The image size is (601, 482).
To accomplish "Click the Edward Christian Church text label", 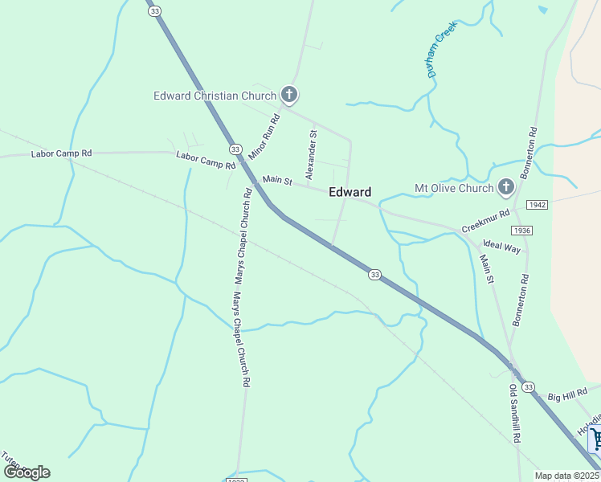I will click(x=215, y=96).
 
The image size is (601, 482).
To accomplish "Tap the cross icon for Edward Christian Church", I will click(x=290, y=96).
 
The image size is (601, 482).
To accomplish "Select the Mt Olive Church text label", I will click(x=454, y=189).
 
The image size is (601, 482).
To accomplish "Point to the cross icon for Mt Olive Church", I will click(x=506, y=188).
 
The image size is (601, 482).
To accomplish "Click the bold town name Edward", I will click(x=350, y=192).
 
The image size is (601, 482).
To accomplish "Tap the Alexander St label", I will click(x=312, y=154).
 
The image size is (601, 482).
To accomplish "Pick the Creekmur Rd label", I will click(x=486, y=222).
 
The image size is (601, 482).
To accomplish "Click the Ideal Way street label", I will click(x=502, y=246).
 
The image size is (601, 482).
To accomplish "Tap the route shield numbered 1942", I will click(x=538, y=206).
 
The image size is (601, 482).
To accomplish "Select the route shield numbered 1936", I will click(x=521, y=230).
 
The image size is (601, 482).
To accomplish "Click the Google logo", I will click(x=26, y=472).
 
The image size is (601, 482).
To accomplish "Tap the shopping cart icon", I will click(x=595, y=439).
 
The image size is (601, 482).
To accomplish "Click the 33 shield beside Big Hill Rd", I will click(x=527, y=387).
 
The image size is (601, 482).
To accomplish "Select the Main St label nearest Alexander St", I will click(x=277, y=181).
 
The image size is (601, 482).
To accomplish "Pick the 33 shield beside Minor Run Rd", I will click(x=235, y=149).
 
